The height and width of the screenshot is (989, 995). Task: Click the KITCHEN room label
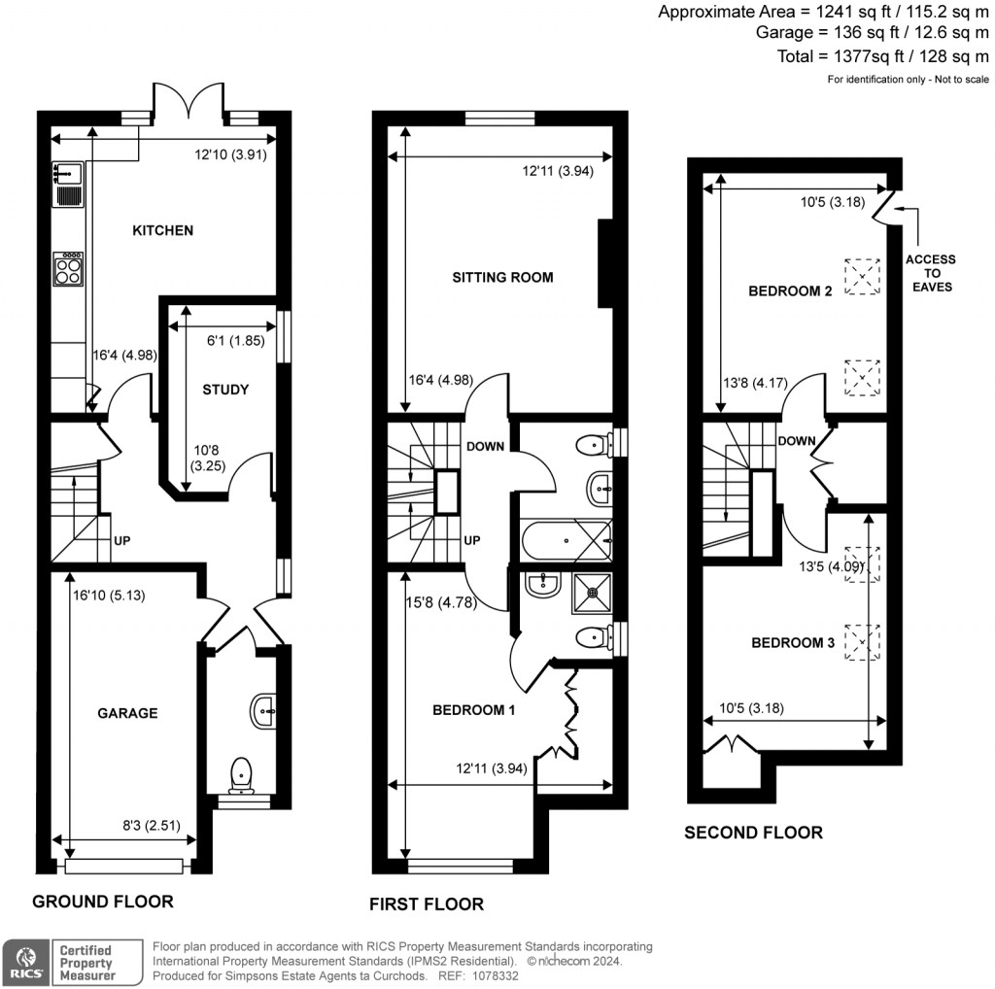(162, 231)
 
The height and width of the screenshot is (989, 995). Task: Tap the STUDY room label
(225, 390)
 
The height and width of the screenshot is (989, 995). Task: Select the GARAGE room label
(126, 713)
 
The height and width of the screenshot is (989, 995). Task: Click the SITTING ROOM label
(502, 278)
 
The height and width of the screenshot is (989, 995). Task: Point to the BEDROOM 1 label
(473, 710)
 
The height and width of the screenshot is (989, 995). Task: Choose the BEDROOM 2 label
(790, 290)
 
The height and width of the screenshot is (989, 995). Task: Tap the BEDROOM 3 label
(793, 642)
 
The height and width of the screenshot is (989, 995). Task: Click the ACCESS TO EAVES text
(930, 273)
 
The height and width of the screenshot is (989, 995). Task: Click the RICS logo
(25, 961)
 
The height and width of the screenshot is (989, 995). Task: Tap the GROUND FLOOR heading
(103, 902)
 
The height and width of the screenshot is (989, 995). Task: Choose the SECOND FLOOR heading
(753, 833)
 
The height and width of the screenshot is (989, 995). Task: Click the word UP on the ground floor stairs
(123, 540)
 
